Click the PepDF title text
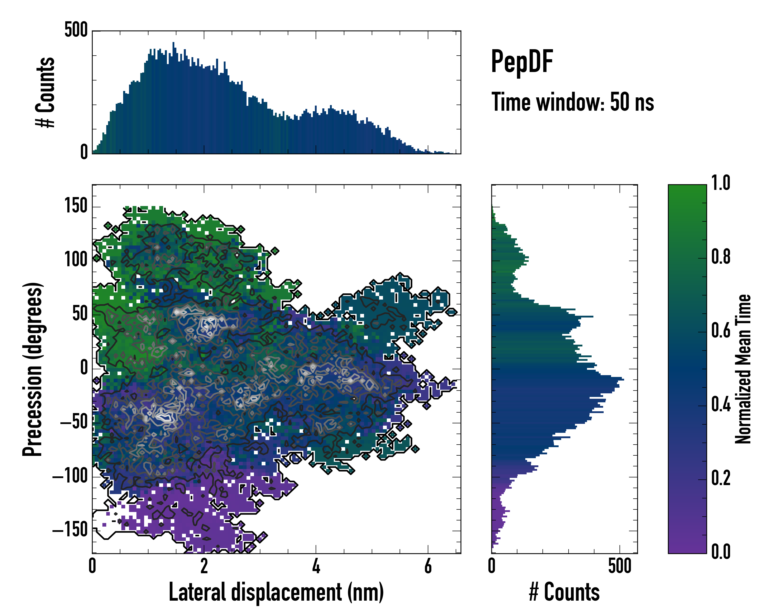521,62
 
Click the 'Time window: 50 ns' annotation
572,102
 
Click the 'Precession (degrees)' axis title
33,369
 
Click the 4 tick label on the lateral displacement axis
316,566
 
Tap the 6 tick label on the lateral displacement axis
428,566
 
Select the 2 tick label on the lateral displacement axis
204,566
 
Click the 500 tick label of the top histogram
76,30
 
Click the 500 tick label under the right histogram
620,566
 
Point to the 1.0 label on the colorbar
721,183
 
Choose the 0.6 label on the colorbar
721,331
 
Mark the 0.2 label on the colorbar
721,478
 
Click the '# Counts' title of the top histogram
46,92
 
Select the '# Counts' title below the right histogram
564,592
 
